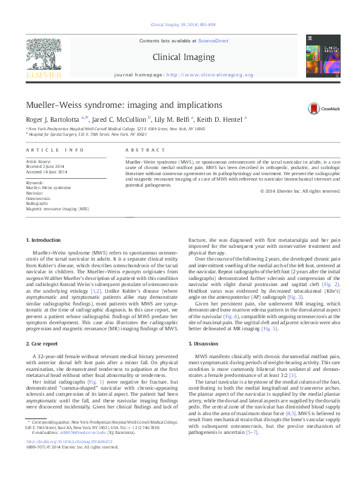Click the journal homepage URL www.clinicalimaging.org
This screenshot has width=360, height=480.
tap(209, 75)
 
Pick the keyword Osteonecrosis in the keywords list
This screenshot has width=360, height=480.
tap(38, 198)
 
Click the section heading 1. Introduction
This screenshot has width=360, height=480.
tap(45, 241)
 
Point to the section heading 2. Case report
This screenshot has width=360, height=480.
tap(45, 343)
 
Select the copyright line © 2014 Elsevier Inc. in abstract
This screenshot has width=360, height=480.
tap(301, 191)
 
